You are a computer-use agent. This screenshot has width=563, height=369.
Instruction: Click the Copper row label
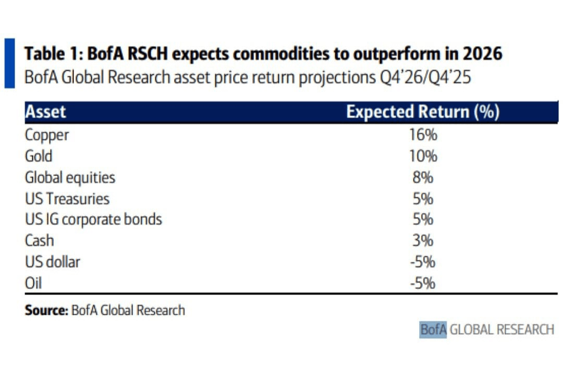(x=47, y=136)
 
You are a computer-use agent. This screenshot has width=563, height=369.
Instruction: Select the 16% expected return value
(x=423, y=136)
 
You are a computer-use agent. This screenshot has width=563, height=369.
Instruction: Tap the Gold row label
(x=39, y=156)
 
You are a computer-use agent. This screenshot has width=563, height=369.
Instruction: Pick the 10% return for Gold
(x=423, y=156)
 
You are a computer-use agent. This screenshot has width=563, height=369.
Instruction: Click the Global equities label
(x=70, y=178)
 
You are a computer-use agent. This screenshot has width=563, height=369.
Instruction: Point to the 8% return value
(x=423, y=178)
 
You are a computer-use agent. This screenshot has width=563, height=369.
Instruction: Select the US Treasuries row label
(x=67, y=199)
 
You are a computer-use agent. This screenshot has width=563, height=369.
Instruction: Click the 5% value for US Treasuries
(x=423, y=199)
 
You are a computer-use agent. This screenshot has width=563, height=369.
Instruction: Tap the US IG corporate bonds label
(x=93, y=219)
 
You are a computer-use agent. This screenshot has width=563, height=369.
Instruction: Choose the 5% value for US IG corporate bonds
(x=423, y=219)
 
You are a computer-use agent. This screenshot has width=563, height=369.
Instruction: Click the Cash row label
(x=39, y=241)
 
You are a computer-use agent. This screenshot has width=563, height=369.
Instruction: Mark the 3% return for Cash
(x=423, y=241)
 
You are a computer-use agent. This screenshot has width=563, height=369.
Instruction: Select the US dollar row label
(x=53, y=262)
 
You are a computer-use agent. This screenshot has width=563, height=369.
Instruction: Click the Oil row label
(x=33, y=283)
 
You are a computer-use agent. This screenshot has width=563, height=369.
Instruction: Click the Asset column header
(x=46, y=113)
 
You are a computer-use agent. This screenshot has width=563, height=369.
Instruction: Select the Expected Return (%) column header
(x=423, y=113)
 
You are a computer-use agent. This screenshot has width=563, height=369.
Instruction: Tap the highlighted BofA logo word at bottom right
(x=433, y=330)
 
